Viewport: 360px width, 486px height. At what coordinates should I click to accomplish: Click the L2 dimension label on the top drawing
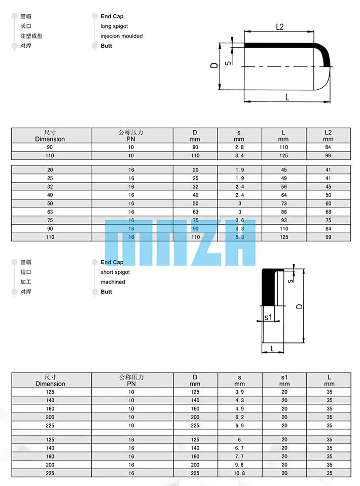coord(279,27)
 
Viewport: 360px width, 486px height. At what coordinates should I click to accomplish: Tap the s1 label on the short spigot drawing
coord(268,317)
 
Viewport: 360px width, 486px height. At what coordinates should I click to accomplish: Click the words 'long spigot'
coord(114,26)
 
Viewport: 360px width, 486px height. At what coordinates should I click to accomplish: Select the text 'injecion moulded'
coord(122,36)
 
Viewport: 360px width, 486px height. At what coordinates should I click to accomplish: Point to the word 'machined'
coord(113,282)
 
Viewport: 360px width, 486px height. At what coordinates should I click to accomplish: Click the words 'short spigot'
coord(115,272)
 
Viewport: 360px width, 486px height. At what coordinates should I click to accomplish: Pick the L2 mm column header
coord(328,136)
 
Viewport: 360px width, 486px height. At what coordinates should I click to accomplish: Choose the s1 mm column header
coord(284,380)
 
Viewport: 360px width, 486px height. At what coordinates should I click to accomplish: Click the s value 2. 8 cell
coord(239,147)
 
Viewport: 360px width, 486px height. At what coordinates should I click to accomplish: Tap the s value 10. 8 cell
coord(239,473)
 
